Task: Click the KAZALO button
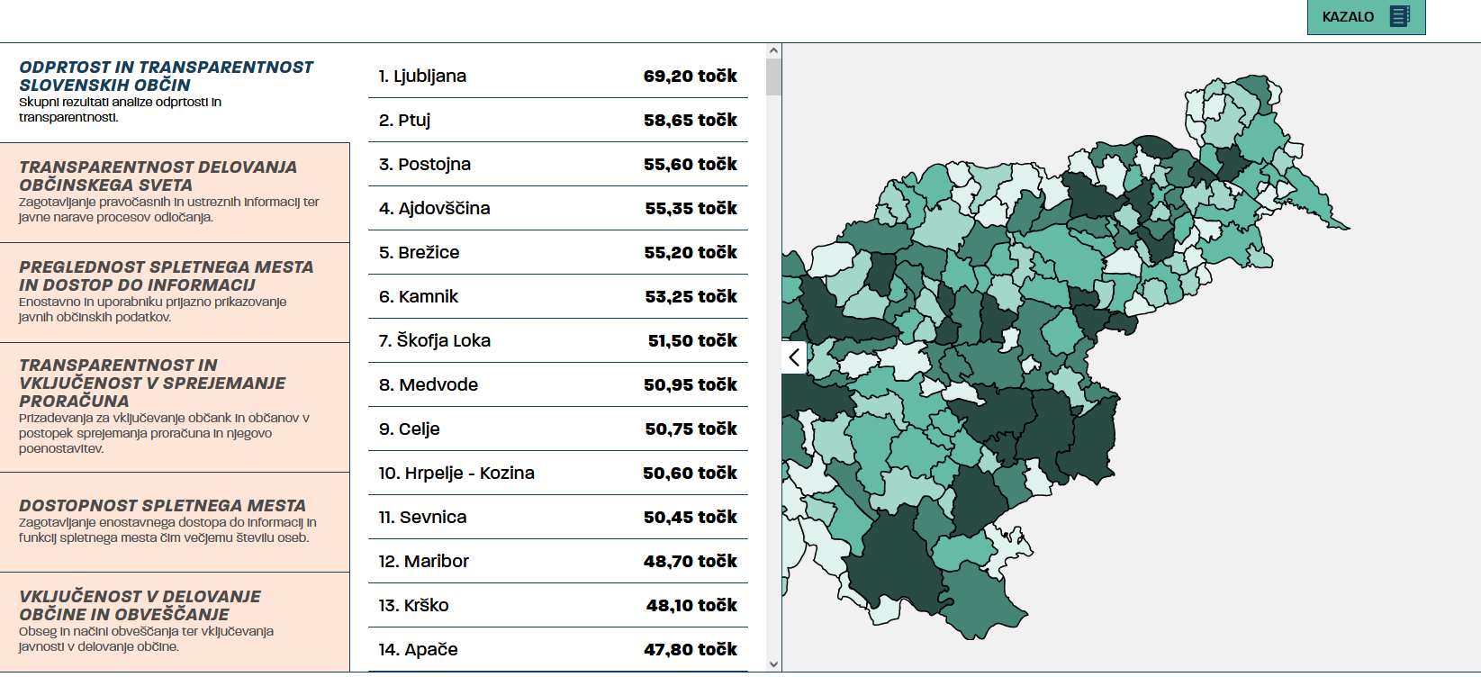pos(1366,16)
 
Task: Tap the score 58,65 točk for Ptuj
pos(691,121)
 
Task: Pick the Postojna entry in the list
pos(424,164)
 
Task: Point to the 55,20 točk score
pos(691,253)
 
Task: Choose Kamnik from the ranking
pos(418,296)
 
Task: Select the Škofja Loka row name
pos(434,340)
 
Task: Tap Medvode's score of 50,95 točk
pos(691,384)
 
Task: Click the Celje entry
pos(410,429)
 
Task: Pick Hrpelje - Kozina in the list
pos(456,474)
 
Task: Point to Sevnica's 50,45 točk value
pos(691,517)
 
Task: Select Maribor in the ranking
pos(423,561)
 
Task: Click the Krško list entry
pos(413,606)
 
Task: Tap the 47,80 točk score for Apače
pos(691,650)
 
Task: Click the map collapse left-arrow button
pos(794,357)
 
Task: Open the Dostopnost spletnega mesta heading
pos(163,506)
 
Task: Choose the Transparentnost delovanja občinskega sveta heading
pos(158,176)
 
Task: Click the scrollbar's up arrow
pos(773,51)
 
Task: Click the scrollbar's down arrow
pos(773,664)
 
